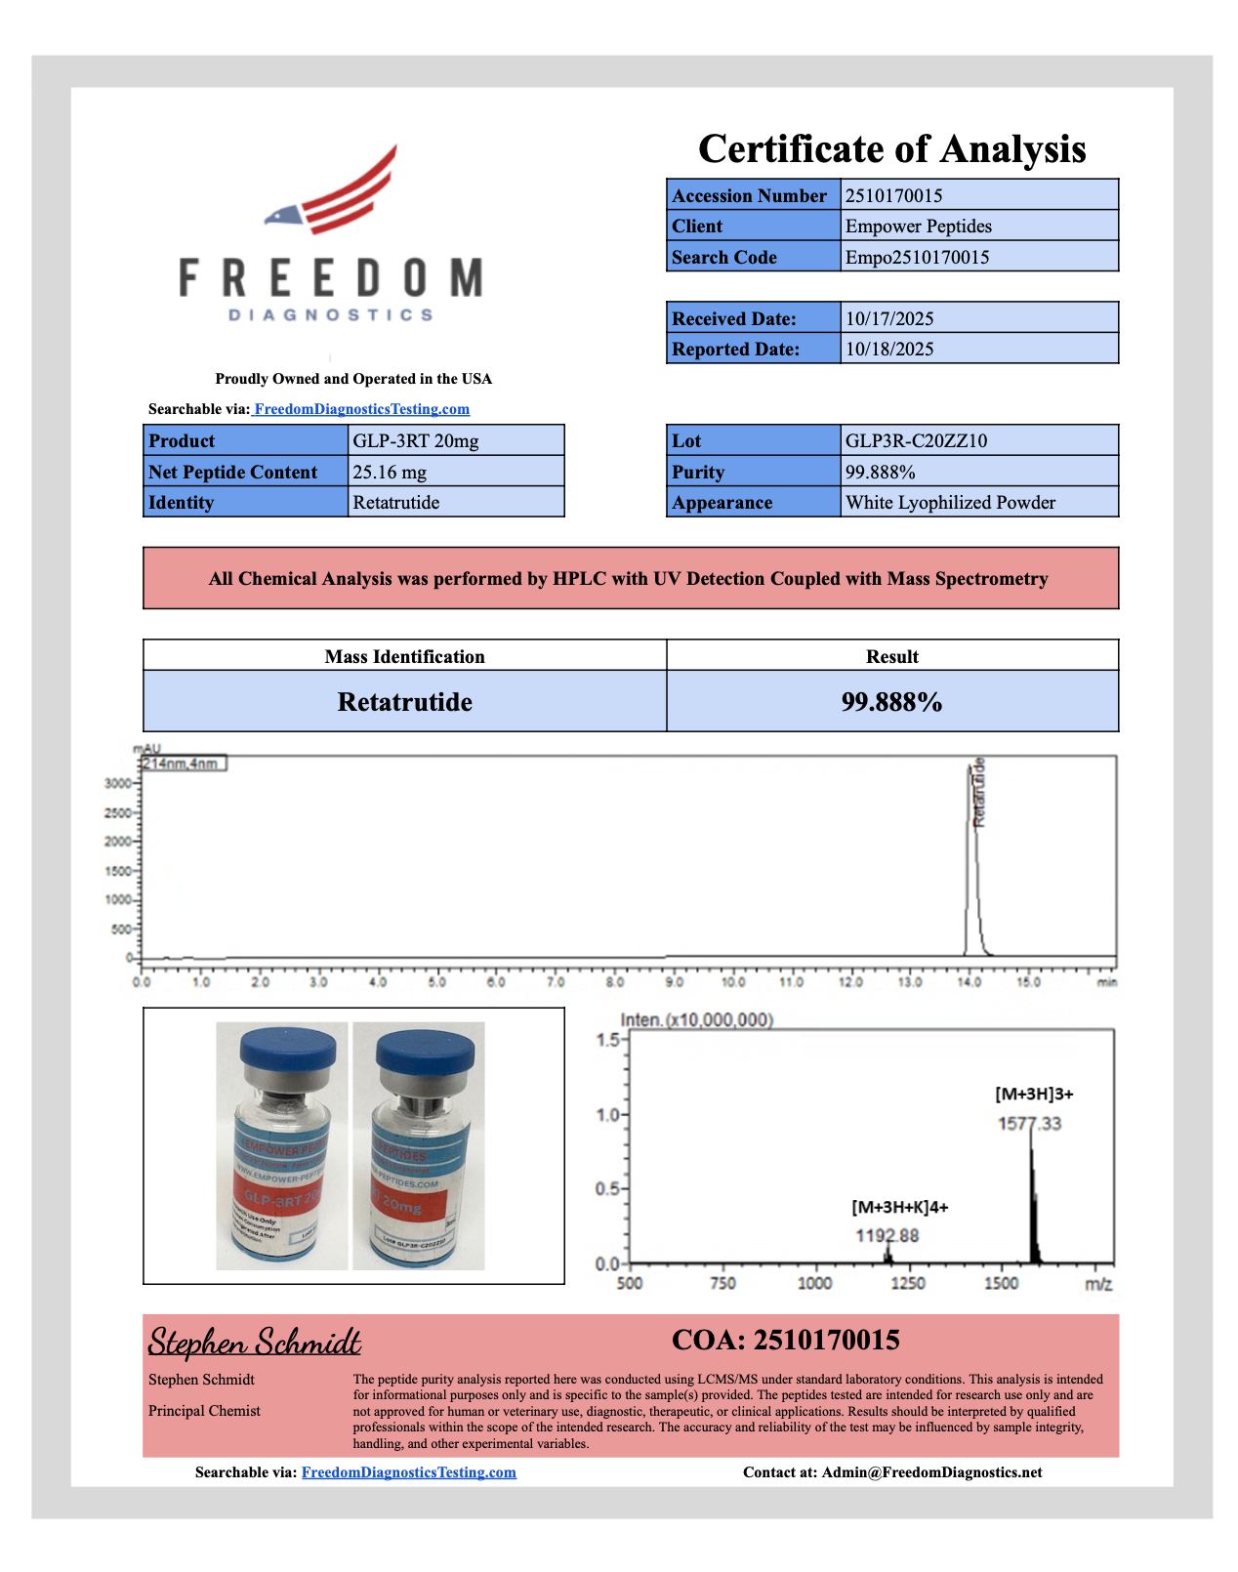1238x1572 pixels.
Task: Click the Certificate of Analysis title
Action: (891, 149)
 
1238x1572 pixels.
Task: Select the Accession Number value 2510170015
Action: (893, 195)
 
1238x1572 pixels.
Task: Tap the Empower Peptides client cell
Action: (918, 227)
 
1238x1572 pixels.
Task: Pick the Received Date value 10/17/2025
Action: (889, 318)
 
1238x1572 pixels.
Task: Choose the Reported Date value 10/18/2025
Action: (889, 349)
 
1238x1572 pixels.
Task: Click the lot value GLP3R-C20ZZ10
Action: (916, 440)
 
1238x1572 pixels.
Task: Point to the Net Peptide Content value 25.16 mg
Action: (390, 472)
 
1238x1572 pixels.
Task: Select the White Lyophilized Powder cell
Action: (950, 503)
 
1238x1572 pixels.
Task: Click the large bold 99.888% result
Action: (891, 702)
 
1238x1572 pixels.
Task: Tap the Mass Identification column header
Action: (404, 656)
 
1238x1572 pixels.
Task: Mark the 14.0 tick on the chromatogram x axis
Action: (969, 981)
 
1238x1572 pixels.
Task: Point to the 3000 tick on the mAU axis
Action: (117, 783)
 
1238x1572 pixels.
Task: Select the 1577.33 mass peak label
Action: (1029, 1124)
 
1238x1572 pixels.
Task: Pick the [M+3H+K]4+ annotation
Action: (899, 1207)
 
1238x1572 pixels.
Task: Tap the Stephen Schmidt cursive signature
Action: (255, 1343)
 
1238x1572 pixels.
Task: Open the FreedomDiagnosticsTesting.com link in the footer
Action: (408, 1472)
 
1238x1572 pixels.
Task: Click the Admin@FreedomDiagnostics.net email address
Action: (931, 1472)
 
